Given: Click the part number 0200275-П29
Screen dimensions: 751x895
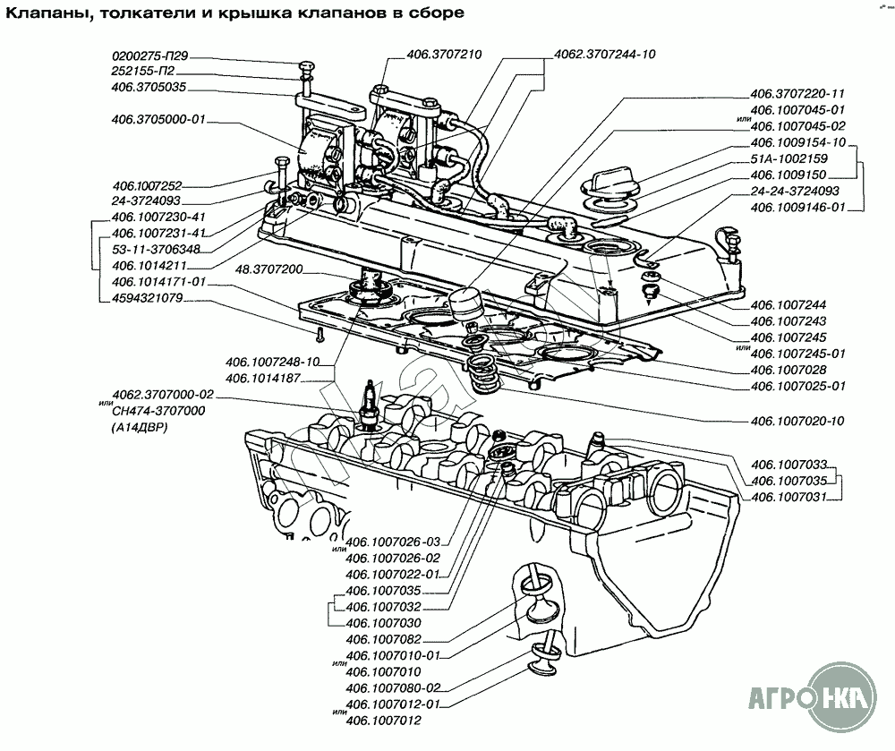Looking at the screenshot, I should tap(150, 55).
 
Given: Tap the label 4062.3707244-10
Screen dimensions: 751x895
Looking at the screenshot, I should tap(606, 55).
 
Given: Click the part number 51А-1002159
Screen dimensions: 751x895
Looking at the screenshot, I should tap(790, 158).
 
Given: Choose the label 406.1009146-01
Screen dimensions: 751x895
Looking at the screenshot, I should tap(797, 208).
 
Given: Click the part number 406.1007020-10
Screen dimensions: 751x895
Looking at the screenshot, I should tap(797, 421).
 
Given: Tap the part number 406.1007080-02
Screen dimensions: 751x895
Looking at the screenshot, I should tap(394, 687).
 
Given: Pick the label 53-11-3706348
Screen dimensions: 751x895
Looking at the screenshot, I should tap(157, 249).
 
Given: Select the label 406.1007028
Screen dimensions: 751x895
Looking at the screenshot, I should tap(788, 370).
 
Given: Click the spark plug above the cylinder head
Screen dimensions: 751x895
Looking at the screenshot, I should tap(367, 405).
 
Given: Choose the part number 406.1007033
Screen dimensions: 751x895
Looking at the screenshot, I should tap(788, 465).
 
